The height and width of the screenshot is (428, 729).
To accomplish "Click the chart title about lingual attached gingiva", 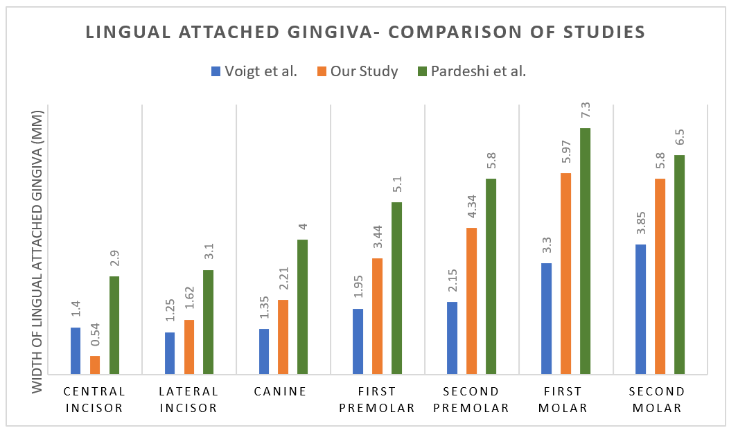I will click(364, 32).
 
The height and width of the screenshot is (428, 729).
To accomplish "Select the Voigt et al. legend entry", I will click(254, 71).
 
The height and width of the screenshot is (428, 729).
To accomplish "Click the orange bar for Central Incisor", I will click(95, 364).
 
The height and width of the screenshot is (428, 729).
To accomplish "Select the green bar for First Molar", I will click(585, 250).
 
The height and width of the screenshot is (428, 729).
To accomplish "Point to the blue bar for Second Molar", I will click(640, 308).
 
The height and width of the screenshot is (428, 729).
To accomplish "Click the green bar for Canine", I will click(302, 306).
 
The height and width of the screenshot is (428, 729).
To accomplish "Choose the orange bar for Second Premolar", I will click(471, 300).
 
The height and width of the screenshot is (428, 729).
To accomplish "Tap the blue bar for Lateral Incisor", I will click(170, 353).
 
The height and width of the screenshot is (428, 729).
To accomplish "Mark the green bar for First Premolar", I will click(396, 287).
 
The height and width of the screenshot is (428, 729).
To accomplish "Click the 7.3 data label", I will click(586, 111).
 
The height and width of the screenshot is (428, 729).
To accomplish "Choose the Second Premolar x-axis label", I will click(471, 400).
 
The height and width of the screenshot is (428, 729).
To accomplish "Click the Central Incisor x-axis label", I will click(94, 400).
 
